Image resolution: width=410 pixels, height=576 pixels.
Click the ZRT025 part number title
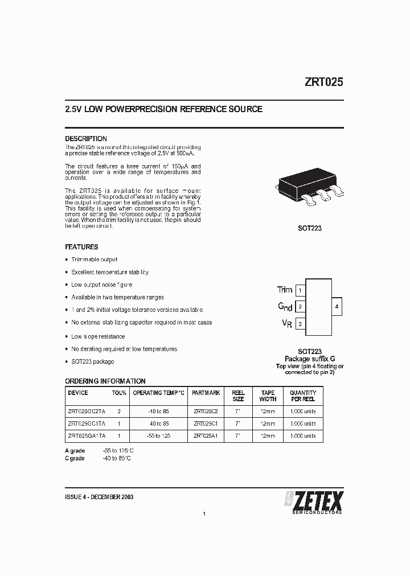click(x=323, y=82)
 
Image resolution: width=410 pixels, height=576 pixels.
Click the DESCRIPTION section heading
click(x=86, y=139)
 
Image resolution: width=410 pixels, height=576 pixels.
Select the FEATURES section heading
click(x=81, y=247)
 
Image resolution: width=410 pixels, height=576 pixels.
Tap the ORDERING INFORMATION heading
click(x=105, y=381)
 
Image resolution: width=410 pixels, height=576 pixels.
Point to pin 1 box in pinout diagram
click(x=300, y=290)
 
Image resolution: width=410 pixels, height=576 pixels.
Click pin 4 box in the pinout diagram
click(x=337, y=307)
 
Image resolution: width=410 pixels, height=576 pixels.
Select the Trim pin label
click(x=284, y=290)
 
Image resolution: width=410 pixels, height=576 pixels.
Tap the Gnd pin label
click(x=285, y=307)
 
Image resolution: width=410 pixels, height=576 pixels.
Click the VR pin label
click(x=287, y=323)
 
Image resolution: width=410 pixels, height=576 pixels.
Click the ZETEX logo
click(x=314, y=501)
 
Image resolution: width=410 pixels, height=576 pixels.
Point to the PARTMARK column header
click(x=206, y=393)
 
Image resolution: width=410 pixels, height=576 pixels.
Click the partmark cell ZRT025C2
click(x=206, y=411)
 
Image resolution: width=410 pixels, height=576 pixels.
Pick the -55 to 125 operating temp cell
click(x=159, y=436)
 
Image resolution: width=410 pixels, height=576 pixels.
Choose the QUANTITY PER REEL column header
click(x=303, y=396)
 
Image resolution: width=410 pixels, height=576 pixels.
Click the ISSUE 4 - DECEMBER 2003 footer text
click(x=100, y=497)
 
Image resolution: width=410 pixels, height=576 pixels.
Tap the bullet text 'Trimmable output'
click(x=94, y=260)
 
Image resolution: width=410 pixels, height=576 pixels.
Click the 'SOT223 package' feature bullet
click(x=92, y=361)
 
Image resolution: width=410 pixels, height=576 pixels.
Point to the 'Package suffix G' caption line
click(x=310, y=359)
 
